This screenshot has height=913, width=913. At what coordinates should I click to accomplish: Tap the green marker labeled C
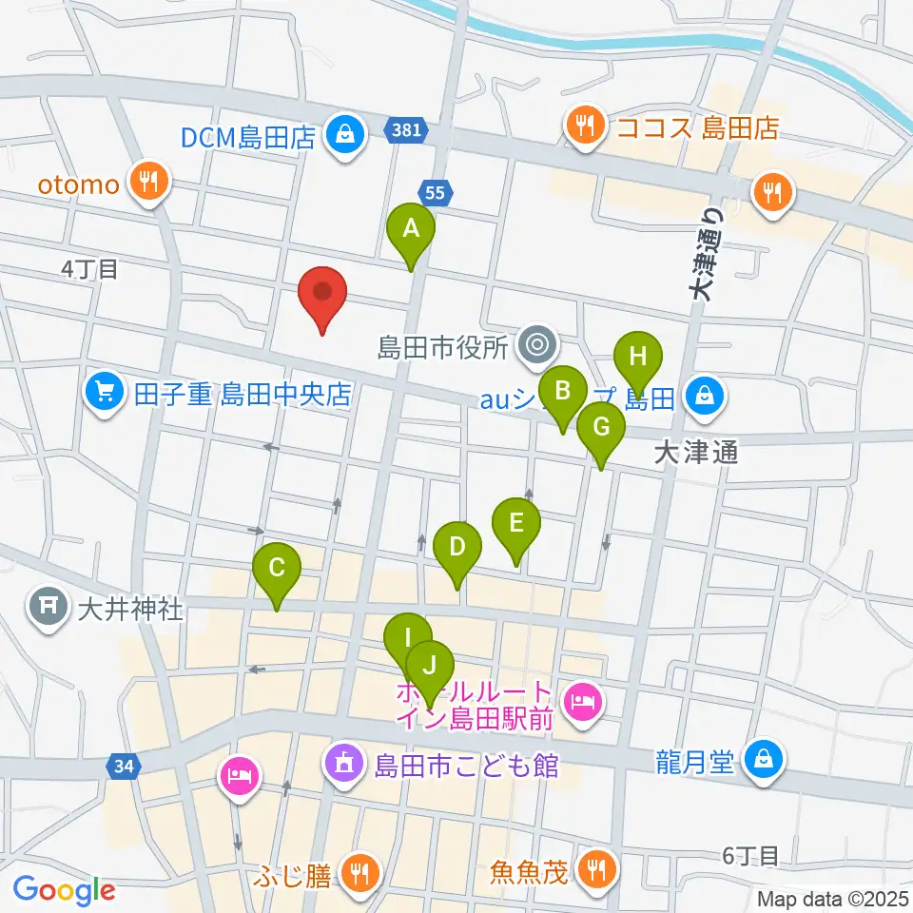(x=277, y=570)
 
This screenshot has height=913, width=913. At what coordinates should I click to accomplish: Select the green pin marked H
(x=638, y=359)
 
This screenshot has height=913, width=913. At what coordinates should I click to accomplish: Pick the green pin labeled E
(x=516, y=523)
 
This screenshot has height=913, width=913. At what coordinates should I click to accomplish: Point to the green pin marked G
(x=601, y=428)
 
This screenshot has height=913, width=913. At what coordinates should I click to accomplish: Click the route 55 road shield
(x=435, y=193)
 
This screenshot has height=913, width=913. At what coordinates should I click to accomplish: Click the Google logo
(x=64, y=890)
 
